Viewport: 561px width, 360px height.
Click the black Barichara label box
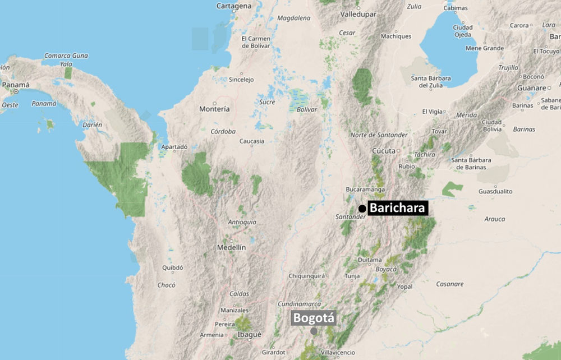coord(398,208)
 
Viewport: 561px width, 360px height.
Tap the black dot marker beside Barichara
coord(362,209)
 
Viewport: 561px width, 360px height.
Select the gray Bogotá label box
coord(314,318)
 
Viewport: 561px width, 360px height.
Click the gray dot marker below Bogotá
coord(314,331)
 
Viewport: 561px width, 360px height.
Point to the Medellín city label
coord(232,247)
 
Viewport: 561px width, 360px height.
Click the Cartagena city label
coord(234,6)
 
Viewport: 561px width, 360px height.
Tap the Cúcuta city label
coord(384,151)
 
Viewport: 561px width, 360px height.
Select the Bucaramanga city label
coord(365,190)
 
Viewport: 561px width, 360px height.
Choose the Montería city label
coord(214,109)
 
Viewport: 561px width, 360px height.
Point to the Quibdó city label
coord(172,267)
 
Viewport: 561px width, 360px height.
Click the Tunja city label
coord(352,276)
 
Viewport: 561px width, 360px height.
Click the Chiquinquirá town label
coord(306,276)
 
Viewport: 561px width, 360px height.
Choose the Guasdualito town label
coord(495,191)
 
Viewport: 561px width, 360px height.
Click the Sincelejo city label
coord(241,80)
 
